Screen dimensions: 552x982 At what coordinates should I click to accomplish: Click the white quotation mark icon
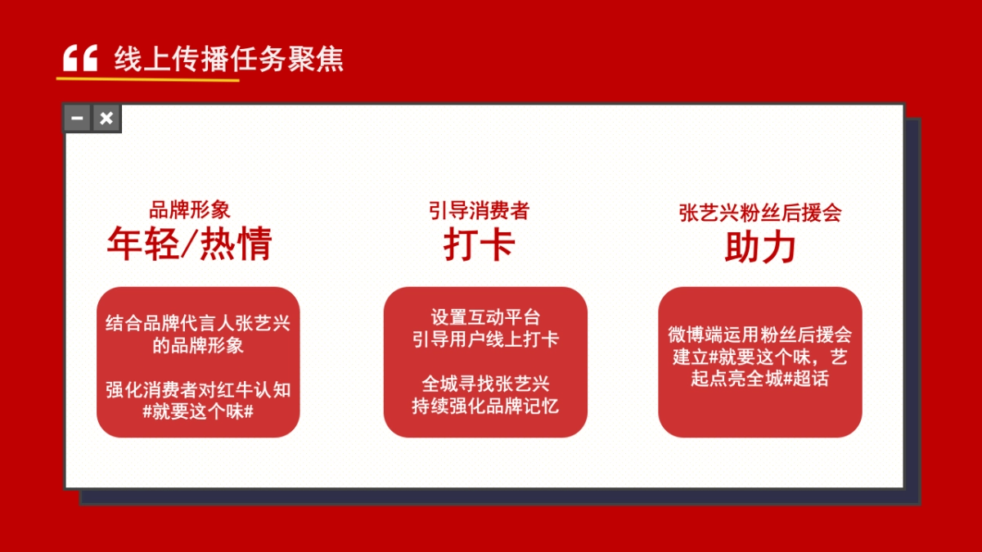tap(80, 59)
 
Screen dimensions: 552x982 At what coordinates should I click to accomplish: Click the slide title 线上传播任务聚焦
tap(229, 60)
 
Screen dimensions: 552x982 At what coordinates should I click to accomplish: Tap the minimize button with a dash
tap(77, 119)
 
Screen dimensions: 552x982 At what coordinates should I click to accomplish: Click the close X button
tap(106, 119)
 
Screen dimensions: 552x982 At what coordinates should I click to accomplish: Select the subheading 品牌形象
tap(190, 210)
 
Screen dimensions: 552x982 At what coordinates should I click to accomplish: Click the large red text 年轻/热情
tap(189, 244)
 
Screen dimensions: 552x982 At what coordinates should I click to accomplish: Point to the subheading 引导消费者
tap(479, 210)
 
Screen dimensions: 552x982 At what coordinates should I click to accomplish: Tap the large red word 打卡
tap(479, 244)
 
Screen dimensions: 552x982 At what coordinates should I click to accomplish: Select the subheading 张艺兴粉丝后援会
tap(760, 213)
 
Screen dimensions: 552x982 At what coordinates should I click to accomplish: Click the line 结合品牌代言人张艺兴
tap(198, 323)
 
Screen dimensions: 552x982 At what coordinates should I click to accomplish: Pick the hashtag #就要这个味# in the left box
tap(198, 411)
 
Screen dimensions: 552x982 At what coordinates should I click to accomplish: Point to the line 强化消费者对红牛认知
tap(198, 389)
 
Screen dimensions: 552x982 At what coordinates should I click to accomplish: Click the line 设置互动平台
tap(485, 317)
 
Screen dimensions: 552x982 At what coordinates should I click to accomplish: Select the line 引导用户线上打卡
tap(485, 339)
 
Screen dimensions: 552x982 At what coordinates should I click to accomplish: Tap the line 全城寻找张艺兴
tap(485, 384)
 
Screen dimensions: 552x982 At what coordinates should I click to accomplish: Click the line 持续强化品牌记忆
tap(485, 406)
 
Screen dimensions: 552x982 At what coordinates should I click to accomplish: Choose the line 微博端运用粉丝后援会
tap(760, 334)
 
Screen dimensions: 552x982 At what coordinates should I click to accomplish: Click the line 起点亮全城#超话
tap(760, 379)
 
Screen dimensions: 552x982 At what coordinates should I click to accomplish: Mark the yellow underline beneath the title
tap(147, 79)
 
